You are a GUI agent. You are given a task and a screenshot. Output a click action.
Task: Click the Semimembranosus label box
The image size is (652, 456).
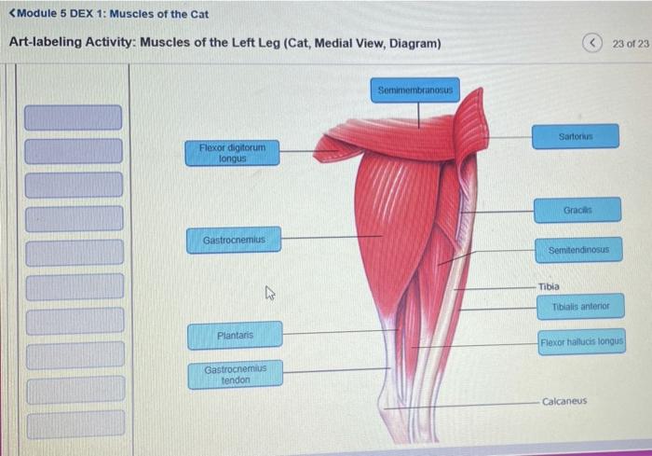pyautogui.click(x=417, y=90)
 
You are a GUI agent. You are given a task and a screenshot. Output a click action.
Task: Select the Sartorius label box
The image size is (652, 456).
pyautogui.click(x=576, y=136)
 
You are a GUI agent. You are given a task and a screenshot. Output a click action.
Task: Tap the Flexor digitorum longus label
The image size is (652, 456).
pyautogui.click(x=232, y=153)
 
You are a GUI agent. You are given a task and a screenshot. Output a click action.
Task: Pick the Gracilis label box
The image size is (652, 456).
pyautogui.click(x=577, y=210)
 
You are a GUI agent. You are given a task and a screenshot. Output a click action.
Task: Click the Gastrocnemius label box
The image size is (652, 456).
pyautogui.click(x=234, y=240)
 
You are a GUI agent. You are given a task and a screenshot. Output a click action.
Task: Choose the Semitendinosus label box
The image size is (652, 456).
pyautogui.click(x=578, y=251)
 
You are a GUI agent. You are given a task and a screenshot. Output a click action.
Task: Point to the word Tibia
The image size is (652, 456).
pyautogui.click(x=549, y=286)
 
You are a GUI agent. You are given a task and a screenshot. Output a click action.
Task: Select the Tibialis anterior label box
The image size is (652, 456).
pyautogui.click(x=579, y=306)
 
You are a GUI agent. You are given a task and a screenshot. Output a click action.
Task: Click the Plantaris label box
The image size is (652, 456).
pyautogui.click(x=235, y=335)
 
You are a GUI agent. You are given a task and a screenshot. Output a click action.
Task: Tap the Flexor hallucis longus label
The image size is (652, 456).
pyautogui.click(x=581, y=342)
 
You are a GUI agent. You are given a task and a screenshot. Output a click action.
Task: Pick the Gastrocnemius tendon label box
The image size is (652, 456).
pyautogui.click(x=235, y=374)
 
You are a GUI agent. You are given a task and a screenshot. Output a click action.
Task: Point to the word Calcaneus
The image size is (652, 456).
pyautogui.click(x=564, y=401)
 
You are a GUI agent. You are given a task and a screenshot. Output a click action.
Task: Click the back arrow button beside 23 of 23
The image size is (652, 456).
pyautogui.click(x=592, y=44)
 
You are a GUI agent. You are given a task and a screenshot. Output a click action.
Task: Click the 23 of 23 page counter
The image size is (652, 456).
pyautogui.click(x=631, y=44)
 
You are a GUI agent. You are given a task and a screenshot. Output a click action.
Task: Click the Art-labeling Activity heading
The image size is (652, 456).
pyautogui.click(x=224, y=44)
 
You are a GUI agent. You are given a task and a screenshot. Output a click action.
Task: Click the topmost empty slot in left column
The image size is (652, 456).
pyautogui.click(x=73, y=117)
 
